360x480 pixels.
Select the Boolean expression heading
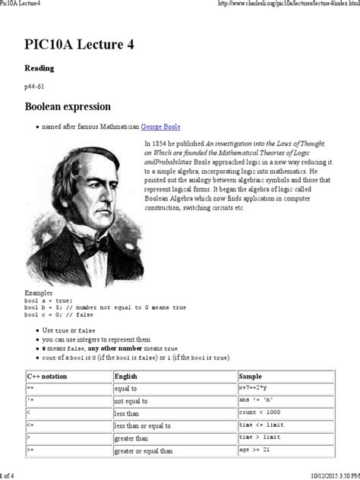pyautogui.click(x=68, y=106)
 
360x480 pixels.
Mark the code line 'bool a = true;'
pyautogui.click(x=49, y=299)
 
